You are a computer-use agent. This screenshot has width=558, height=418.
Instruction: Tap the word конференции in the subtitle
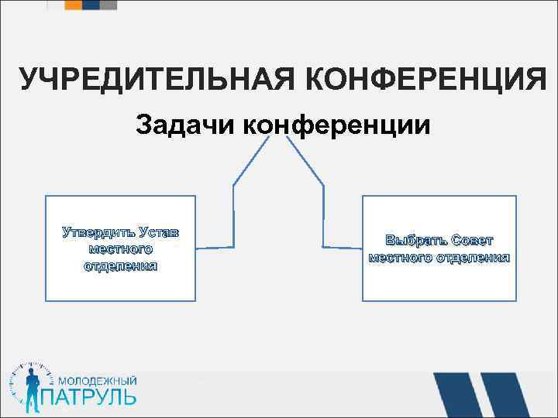(335, 125)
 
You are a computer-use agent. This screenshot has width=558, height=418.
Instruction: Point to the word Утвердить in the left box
(98, 232)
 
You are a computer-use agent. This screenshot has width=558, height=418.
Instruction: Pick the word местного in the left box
(120, 248)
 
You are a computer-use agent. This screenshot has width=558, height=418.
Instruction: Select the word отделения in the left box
(120, 266)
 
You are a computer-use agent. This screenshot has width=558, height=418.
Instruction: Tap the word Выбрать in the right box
(415, 240)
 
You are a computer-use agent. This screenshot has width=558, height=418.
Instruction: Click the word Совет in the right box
(472, 240)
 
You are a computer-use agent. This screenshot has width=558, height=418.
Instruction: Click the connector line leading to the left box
(232, 209)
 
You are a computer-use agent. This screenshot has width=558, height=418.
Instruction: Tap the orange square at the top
(73, 5)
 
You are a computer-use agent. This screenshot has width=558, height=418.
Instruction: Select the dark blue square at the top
(91, 5)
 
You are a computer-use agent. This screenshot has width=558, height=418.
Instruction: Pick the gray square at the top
(109, 5)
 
